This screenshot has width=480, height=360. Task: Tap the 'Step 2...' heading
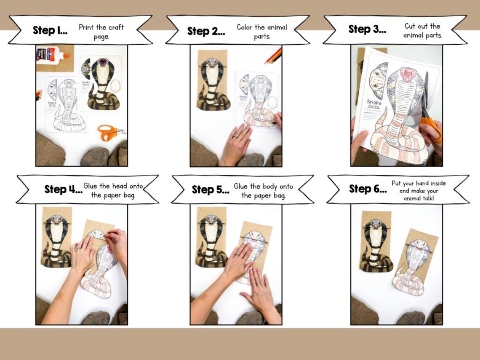click(206, 32)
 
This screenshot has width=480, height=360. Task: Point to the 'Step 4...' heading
click(63, 190)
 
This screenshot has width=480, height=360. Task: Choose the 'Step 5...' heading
click(211, 190)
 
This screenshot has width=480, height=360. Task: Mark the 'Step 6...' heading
click(368, 189)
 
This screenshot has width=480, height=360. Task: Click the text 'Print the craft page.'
click(101, 32)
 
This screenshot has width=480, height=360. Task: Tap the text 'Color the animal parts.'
click(261, 32)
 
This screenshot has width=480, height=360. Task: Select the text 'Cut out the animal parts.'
click(422, 31)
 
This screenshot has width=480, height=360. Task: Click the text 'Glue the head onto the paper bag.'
click(113, 190)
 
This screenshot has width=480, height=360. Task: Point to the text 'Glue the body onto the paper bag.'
click(263, 191)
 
